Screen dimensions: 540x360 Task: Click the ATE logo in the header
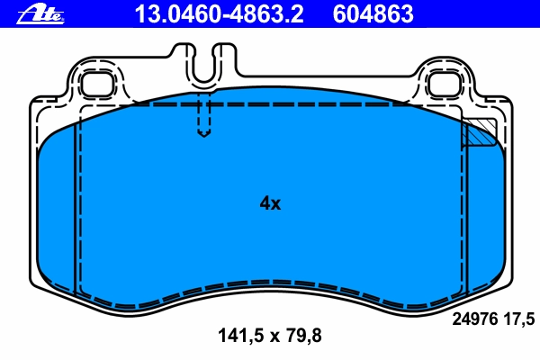click(x=40, y=14)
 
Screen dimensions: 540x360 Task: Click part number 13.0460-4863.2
click(x=219, y=14)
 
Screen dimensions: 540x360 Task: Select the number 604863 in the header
click(x=373, y=14)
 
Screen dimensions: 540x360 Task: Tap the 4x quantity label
click(x=270, y=203)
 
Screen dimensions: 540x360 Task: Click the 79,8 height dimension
click(x=304, y=335)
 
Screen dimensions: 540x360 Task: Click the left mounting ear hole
click(x=97, y=84)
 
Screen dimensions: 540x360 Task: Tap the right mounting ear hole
click(x=445, y=84)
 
